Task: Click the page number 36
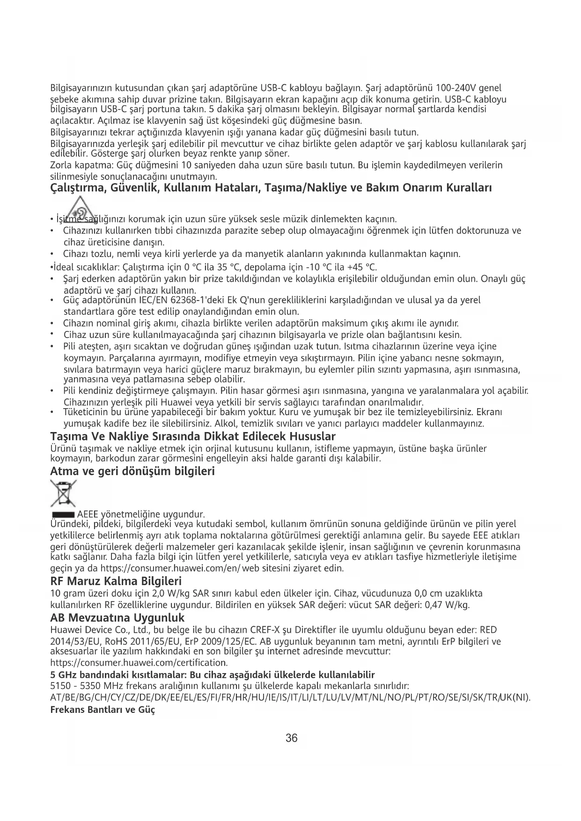291,738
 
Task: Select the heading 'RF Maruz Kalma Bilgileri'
116,582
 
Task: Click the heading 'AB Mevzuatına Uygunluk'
117,617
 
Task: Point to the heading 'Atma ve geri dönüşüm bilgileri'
132,471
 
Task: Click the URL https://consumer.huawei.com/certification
139,663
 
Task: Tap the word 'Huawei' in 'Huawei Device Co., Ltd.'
65,630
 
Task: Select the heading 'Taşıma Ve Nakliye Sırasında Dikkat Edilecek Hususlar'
192,436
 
